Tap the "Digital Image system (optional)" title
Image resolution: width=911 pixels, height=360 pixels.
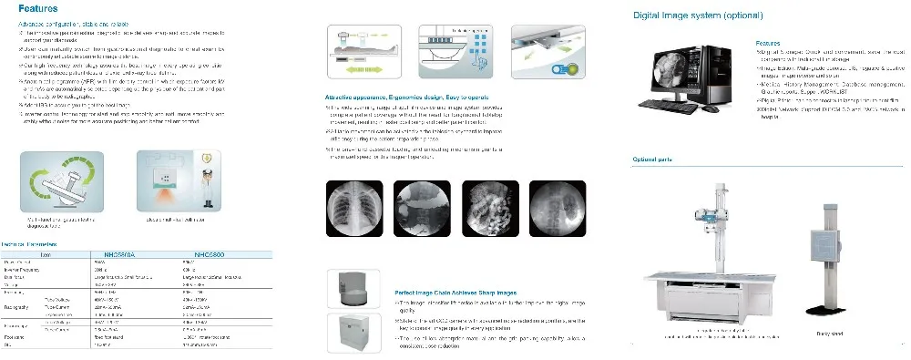tap(699, 15)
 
